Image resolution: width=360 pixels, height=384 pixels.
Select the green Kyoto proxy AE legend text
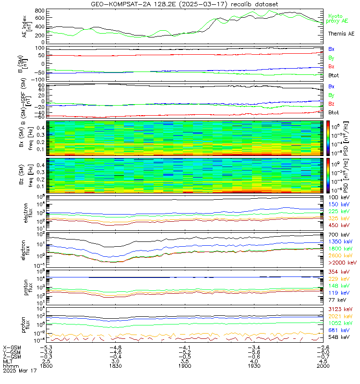tap(341, 19)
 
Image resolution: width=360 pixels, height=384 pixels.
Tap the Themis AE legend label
tap(341, 34)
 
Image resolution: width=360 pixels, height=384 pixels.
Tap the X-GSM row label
tap(12, 347)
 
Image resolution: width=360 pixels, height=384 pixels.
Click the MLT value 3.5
tap(185, 360)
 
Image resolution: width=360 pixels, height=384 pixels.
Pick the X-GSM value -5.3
tap(45, 347)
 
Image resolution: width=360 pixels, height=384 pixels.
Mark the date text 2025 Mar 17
tap(20, 371)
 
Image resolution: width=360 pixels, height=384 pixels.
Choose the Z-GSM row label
tap(12, 356)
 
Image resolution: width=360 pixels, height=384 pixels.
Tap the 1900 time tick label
tap(185, 365)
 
